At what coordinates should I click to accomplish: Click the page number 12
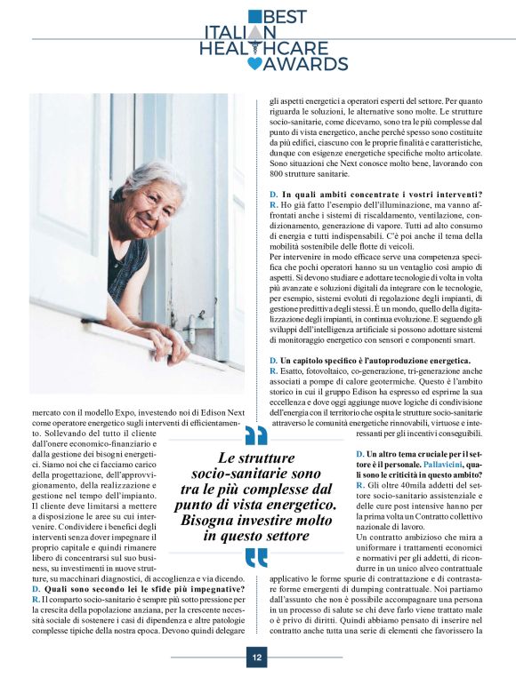[257, 657]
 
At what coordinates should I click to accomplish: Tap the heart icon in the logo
[255, 63]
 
